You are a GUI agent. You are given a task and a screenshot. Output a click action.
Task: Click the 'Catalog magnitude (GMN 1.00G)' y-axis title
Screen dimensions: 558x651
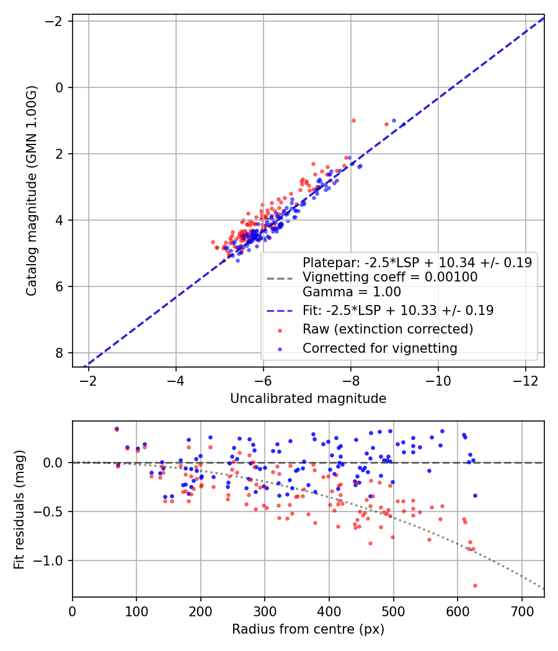tap(32, 191)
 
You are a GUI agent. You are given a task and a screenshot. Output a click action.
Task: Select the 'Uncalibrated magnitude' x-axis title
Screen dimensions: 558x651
tap(308, 399)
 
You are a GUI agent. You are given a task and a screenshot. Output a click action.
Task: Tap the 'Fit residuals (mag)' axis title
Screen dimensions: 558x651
tap(19, 510)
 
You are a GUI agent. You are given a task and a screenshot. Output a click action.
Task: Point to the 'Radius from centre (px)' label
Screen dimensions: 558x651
tap(308, 629)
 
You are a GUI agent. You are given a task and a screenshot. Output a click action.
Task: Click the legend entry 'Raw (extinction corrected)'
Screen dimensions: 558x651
tap(387, 329)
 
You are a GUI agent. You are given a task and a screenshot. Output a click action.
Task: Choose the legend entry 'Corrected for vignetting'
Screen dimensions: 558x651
tap(380, 348)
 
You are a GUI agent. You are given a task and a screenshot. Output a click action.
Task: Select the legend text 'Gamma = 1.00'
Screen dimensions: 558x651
tap(352, 292)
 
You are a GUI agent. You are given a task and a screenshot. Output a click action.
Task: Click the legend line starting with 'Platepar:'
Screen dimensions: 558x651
tap(417, 263)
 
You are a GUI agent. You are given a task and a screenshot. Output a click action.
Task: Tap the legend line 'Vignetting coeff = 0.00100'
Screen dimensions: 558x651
tap(390, 277)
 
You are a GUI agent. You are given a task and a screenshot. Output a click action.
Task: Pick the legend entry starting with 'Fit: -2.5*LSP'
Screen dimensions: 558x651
tap(398, 311)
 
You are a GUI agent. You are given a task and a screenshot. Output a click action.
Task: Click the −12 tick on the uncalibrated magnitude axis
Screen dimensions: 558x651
tap(525, 380)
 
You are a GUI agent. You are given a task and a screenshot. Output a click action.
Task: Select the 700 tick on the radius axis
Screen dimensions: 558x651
tap(521, 611)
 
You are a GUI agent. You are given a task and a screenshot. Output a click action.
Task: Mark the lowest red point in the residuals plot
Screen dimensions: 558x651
tap(475, 585)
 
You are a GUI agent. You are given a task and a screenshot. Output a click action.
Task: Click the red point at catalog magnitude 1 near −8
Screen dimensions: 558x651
tap(353, 120)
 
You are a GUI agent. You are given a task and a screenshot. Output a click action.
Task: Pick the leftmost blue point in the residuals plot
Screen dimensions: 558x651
tap(117, 428)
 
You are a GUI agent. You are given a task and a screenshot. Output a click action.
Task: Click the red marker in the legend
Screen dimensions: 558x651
tap(280, 330)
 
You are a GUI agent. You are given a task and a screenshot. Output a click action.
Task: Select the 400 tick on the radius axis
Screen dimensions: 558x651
tap(329, 611)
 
